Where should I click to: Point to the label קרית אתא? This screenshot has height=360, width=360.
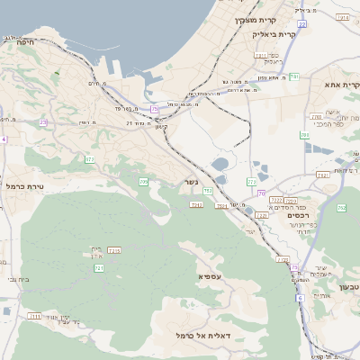pyautogui.click(x=343, y=85)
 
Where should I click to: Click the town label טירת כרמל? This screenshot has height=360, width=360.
pyautogui.click(x=24, y=185)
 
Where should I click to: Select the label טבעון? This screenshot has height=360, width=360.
pyautogui.click(x=347, y=286)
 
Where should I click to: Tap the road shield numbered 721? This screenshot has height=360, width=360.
pyautogui.click(x=99, y=268)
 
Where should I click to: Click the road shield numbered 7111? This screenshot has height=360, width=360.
pyautogui.click(x=34, y=317)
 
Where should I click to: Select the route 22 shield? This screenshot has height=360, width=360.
pyautogui.click(x=302, y=24)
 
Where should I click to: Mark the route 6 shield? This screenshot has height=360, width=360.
pyautogui.click(x=299, y=297)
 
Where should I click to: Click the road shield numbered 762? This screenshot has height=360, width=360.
pyautogui.click(x=342, y=208)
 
